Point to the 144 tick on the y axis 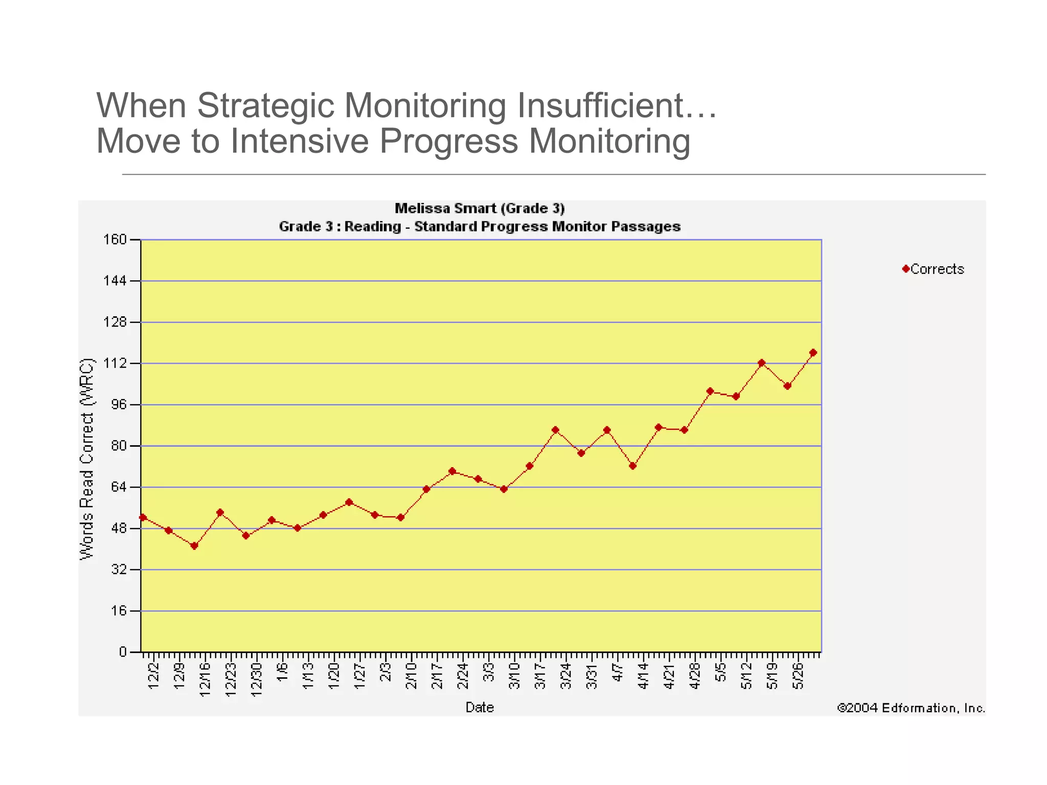pyautogui.click(x=116, y=281)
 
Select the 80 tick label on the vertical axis pyautogui.click(x=119, y=446)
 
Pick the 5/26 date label pyautogui.click(x=799, y=676)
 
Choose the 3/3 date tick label pyautogui.click(x=489, y=672)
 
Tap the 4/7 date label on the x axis pyautogui.click(x=618, y=672)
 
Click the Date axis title pyautogui.click(x=480, y=707)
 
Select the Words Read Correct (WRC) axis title pyautogui.click(x=87, y=458)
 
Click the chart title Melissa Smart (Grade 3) pyautogui.click(x=480, y=209)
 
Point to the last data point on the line pyautogui.click(x=813, y=353)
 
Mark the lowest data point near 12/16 pyautogui.click(x=194, y=546)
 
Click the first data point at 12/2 pyautogui.click(x=143, y=517)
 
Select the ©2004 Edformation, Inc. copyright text pyautogui.click(x=911, y=708)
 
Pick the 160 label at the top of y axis pyautogui.click(x=116, y=239)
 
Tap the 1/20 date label pyautogui.click(x=334, y=676)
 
